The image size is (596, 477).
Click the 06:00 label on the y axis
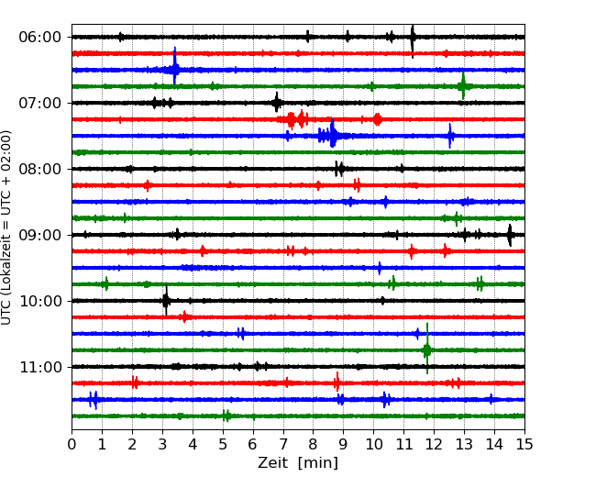[x=40, y=38]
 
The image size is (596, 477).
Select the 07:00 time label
[x=40, y=103]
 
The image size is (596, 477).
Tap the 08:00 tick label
[x=40, y=169]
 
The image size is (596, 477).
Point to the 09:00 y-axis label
[x=40, y=235]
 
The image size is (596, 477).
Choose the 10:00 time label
[x=40, y=301]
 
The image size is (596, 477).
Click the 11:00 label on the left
[x=40, y=367]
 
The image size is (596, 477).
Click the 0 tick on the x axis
[x=72, y=444]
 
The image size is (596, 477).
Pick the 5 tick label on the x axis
[x=223, y=444]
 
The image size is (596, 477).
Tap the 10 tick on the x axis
[x=373, y=444]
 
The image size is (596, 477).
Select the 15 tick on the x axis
[x=524, y=444]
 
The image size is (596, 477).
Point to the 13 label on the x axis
[x=464, y=444]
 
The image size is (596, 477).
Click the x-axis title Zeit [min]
[x=298, y=463]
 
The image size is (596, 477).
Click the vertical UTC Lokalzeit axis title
[x=6, y=227]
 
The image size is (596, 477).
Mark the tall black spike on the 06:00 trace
[x=413, y=41]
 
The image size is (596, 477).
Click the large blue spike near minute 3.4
[x=174, y=65]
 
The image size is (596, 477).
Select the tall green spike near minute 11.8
[x=427, y=349]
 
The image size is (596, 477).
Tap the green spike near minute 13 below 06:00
[x=462, y=86]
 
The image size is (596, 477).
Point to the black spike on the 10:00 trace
[x=166, y=301]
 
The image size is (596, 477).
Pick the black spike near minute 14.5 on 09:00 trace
[x=510, y=235]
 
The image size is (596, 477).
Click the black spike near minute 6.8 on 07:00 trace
[x=277, y=102]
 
